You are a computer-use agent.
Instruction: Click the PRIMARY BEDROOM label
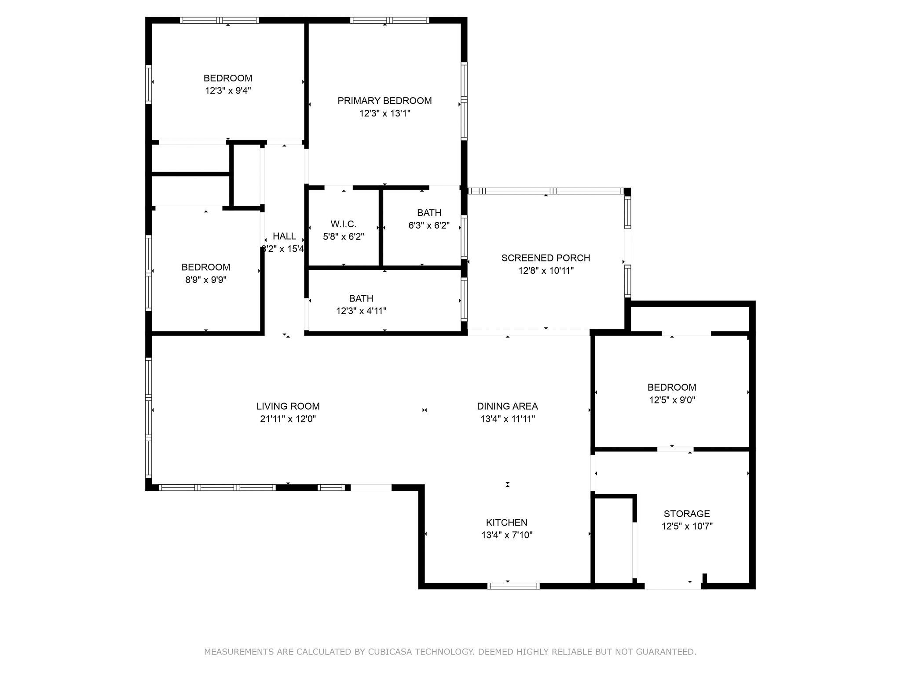pos(385,101)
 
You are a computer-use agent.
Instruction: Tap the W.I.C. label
pos(343,224)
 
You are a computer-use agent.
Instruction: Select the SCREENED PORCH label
pos(546,258)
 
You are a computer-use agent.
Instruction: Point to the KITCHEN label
pos(506,523)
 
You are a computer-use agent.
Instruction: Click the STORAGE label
pos(687,514)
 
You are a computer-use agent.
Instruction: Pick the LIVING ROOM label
pos(288,406)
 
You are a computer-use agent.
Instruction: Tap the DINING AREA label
pos(507,406)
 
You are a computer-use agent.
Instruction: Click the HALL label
pos(284,236)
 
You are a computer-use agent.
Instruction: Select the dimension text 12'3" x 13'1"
pos(385,114)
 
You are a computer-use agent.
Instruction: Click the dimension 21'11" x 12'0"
pos(288,419)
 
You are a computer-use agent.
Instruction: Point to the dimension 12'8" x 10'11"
pos(546,271)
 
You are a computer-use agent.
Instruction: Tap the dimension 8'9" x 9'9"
pos(206,280)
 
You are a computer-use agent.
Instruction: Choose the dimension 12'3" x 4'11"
pos(361,311)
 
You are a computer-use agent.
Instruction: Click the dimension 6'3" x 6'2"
pos(429,225)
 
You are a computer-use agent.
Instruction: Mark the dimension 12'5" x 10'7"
pos(687,526)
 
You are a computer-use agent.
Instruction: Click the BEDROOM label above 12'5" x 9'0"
pos(672,388)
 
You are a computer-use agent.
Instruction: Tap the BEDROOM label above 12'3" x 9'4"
pos(228,78)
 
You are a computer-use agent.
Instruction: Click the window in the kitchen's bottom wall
pos(513,586)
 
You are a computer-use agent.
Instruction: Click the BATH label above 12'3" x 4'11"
pos(361,299)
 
